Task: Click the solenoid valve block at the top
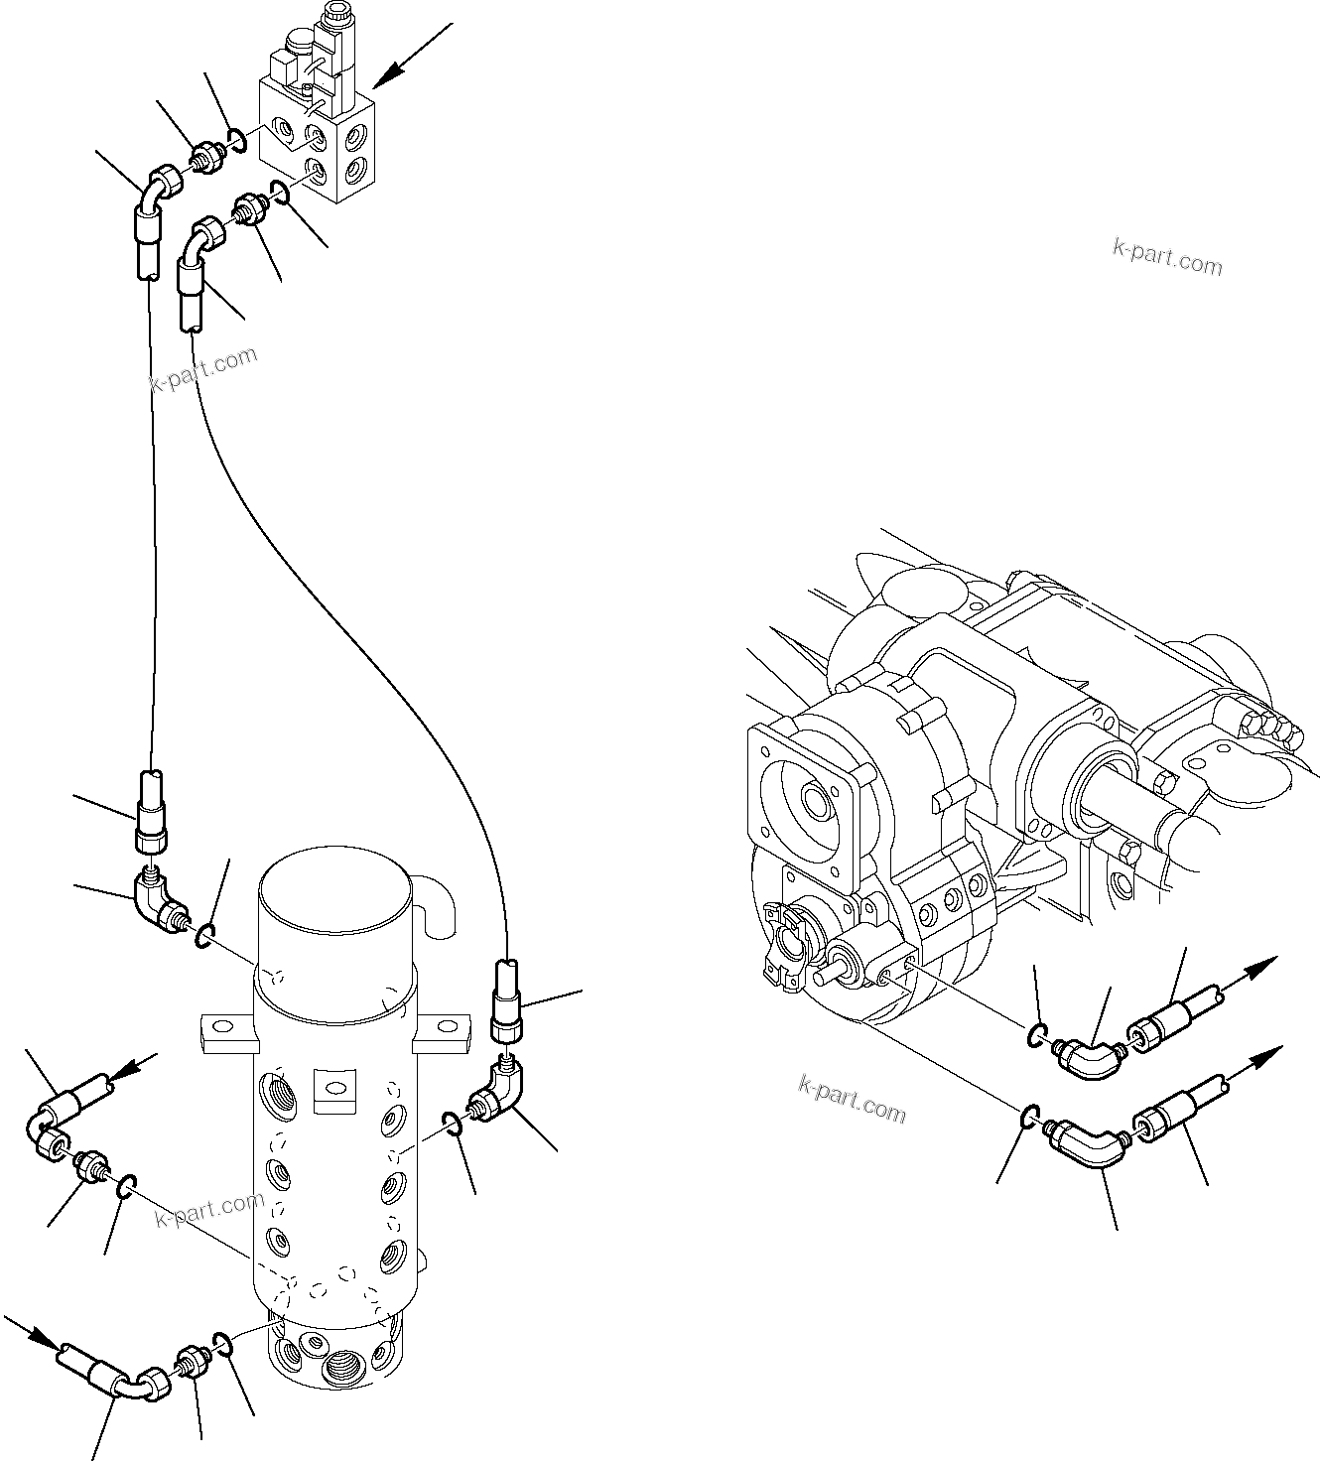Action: [316, 139]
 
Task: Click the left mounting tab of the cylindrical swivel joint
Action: [227, 1031]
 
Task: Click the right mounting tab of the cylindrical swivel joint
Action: [441, 1031]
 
